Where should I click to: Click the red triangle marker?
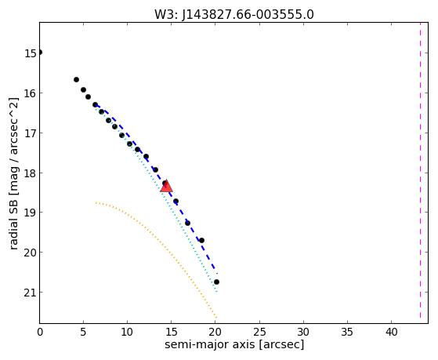(x=166, y=187)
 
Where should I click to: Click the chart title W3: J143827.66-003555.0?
(x=234, y=15)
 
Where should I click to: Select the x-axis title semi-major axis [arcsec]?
(x=234, y=344)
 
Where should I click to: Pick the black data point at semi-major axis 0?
(x=40, y=53)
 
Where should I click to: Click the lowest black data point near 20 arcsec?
(x=216, y=282)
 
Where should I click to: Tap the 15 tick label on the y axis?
(x=30, y=53)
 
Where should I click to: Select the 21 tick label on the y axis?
(x=30, y=293)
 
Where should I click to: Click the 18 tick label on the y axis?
(x=30, y=173)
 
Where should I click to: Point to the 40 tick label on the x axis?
(x=391, y=333)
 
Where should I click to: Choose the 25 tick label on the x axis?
(x=259, y=333)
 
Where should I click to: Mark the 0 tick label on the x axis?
(x=40, y=333)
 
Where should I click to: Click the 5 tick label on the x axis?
(x=83, y=333)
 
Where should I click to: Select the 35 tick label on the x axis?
(x=347, y=333)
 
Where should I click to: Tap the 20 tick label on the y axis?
(x=30, y=253)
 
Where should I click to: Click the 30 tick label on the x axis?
(x=303, y=333)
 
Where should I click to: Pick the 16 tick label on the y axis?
(x=30, y=93)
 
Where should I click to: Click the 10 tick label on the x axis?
(x=128, y=333)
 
